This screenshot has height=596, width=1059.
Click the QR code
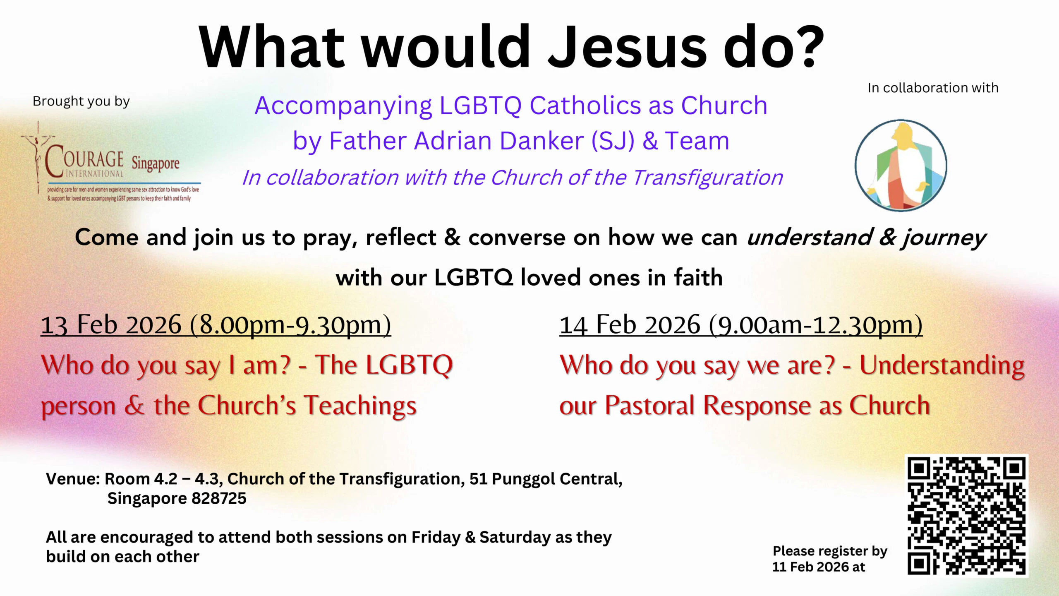966,515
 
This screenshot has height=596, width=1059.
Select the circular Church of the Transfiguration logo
901,165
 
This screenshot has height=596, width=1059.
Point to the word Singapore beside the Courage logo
156,163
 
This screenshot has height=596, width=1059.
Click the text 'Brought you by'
81,101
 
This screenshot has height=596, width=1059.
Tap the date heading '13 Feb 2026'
111,324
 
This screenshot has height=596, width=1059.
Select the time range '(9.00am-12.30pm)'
816,324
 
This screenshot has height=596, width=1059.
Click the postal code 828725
218,498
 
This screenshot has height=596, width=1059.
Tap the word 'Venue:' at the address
73,479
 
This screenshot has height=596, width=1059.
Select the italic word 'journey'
944,238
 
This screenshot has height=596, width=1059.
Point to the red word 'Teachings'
360,406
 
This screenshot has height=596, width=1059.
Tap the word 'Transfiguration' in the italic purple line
707,178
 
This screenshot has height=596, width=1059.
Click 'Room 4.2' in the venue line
141,479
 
